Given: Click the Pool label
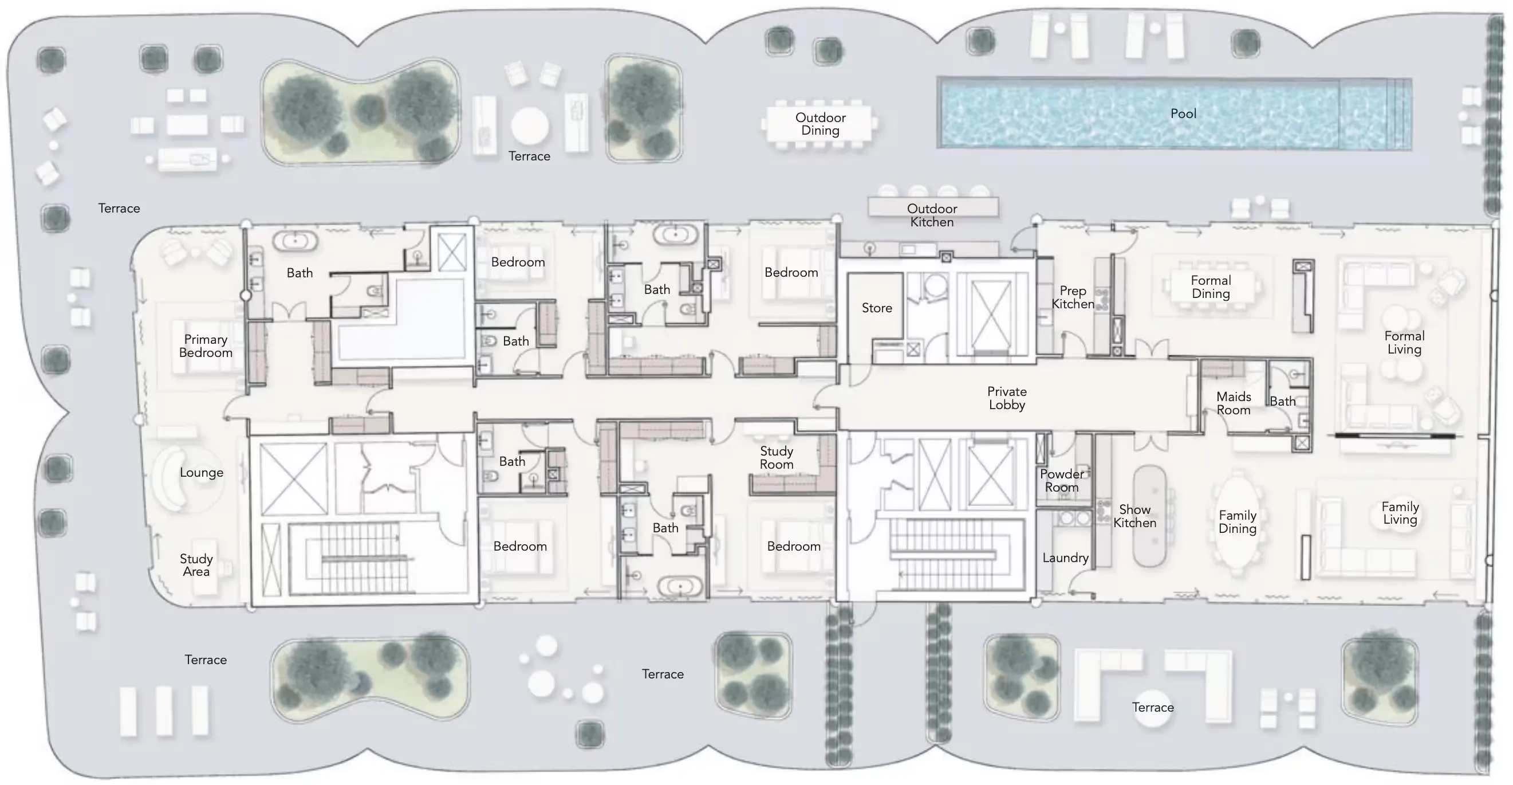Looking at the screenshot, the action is click(x=1183, y=113).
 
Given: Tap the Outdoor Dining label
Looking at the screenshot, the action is click(x=821, y=124).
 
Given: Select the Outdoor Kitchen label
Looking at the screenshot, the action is click(x=932, y=215).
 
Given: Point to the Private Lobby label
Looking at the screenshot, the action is click(x=1007, y=398).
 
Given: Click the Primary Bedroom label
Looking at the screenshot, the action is click(x=206, y=346).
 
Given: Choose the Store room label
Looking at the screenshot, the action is click(x=877, y=308).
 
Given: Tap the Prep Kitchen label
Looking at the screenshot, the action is click(x=1073, y=297).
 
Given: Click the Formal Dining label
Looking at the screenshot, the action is click(x=1211, y=286).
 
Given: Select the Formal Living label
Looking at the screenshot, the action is click(x=1404, y=343).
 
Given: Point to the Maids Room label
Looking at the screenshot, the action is click(x=1234, y=403).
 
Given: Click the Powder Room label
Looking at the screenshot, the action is click(x=1062, y=481).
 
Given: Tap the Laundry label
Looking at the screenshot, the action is click(x=1065, y=558).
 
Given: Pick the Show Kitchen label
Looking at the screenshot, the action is click(x=1135, y=516).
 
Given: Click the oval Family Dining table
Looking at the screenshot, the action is click(x=1237, y=523).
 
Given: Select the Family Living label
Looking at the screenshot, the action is click(x=1400, y=513).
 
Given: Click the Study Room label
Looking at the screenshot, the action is click(x=777, y=458).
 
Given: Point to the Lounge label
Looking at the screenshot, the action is click(x=202, y=472).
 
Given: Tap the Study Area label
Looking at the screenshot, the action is click(x=196, y=564).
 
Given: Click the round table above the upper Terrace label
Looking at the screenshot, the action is click(x=530, y=125).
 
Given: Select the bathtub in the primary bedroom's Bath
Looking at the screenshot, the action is click(x=295, y=240).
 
